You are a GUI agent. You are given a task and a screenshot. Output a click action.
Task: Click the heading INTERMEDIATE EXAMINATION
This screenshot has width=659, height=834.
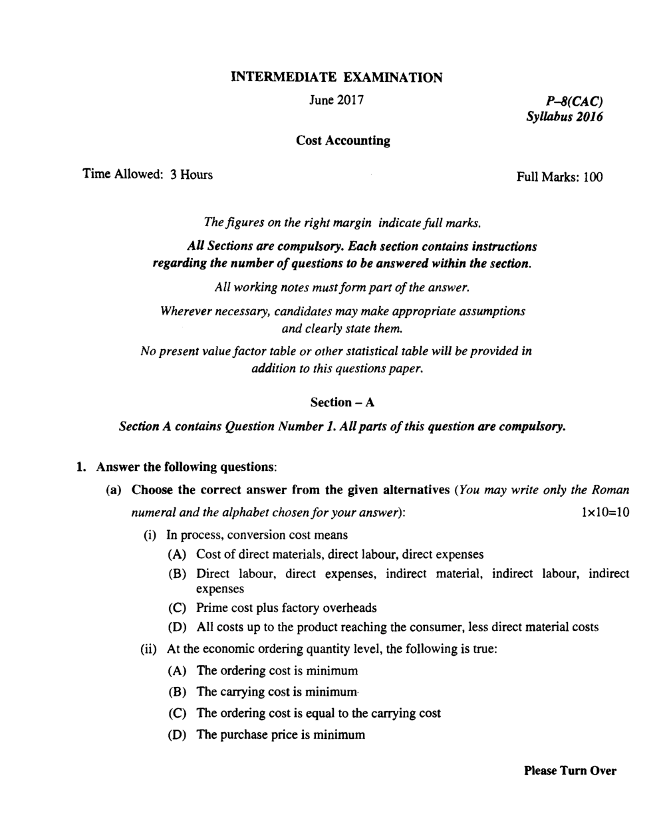(x=336, y=78)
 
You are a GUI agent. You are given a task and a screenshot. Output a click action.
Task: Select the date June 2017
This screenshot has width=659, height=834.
(x=336, y=100)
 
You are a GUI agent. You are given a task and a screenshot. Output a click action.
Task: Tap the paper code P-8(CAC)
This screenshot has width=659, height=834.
(x=574, y=102)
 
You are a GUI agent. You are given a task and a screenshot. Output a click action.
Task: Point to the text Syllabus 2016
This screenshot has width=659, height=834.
(x=565, y=117)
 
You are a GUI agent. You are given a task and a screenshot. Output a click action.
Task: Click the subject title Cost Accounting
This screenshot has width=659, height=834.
(x=343, y=141)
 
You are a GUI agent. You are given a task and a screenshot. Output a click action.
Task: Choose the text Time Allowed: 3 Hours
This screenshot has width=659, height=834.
(x=148, y=175)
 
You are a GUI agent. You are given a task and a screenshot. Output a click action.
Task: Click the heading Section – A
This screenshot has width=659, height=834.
(x=342, y=402)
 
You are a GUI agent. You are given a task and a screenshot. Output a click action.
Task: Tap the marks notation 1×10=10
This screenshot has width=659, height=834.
(x=604, y=512)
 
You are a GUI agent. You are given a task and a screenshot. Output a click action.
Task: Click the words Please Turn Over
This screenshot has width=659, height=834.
(x=570, y=771)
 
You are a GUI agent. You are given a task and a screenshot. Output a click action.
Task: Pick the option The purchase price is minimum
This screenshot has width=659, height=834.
(x=281, y=735)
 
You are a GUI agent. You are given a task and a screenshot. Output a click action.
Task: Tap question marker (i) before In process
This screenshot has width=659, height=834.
(x=150, y=535)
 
